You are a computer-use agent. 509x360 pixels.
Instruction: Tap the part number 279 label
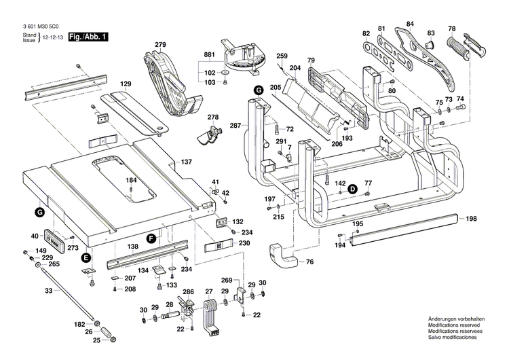[x=160, y=45]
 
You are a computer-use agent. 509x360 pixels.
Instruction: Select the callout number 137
[x=187, y=162]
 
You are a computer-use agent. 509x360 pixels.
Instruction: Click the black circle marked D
[x=353, y=190]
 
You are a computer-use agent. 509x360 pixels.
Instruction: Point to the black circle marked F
[x=152, y=237]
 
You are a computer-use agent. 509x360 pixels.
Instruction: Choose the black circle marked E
[x=86, y=257]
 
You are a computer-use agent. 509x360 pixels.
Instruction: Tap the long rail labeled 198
[x=407, y=223]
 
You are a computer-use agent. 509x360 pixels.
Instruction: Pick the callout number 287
[x=235, y=125]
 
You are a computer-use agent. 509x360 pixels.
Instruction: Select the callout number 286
[x=188, y=292]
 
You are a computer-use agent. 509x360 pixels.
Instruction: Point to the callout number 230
[x=244, y=242]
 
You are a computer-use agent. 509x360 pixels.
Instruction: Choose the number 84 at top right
[x=410, y=24]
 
